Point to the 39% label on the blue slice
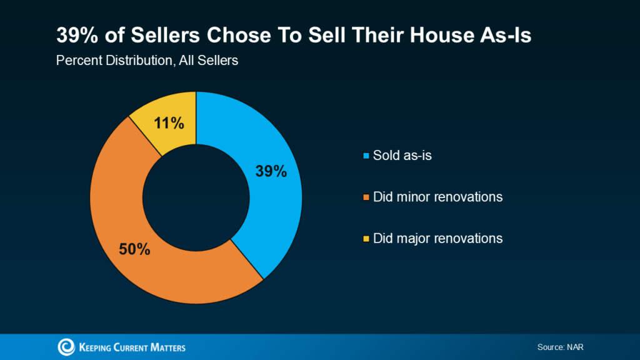point(271,171)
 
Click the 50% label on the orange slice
point(134,249)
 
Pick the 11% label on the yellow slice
point(169,123)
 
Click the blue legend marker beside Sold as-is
point(366,156)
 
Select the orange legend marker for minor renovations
point(366,197)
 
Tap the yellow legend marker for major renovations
point(366,239)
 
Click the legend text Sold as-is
point(402,155)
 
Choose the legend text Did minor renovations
point(437,197)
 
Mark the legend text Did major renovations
point(437,238)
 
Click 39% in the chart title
point(76,36)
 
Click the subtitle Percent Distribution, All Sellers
point(147,61)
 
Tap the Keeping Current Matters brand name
point(132,347)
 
